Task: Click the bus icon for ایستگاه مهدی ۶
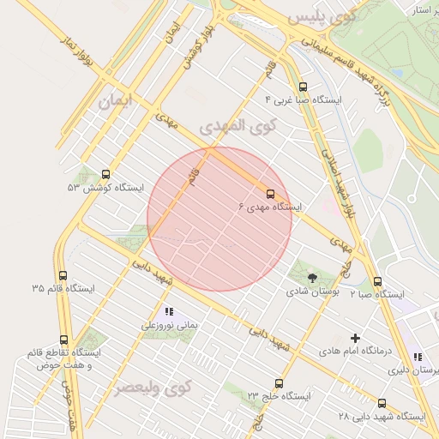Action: tap(271, 194)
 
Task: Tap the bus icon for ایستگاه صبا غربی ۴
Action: tap(302, 87)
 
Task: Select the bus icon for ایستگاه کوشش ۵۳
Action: tap(105, 174)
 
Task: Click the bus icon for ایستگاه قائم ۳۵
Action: tap(63, 275)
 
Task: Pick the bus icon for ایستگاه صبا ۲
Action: tap(377, 280)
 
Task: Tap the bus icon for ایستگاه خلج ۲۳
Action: tap(279, 383)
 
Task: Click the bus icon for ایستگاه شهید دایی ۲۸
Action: tap(382, 403)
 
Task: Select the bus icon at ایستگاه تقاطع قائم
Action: tap(64, 340)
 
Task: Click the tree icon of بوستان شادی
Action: tap(312, 277)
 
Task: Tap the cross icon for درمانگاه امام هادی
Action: tap(355, 339)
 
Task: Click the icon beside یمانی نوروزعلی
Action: tap(169, 312)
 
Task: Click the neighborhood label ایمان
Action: tap(117, 101)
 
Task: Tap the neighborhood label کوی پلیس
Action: tap(321, 17)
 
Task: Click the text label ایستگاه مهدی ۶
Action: tap(270, 207)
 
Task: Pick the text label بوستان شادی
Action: tap(311, 292)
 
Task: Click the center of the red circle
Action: tap(219, 219)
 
